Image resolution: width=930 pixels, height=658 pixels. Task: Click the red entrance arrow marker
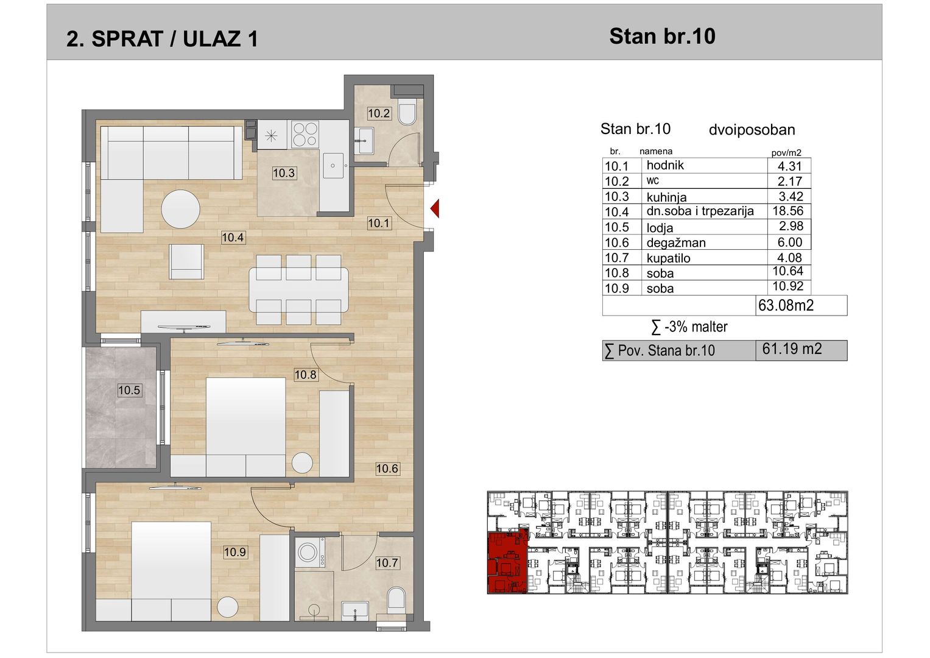435,208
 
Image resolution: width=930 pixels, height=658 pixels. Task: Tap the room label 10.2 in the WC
379,113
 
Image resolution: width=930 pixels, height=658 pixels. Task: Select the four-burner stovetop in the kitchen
305,135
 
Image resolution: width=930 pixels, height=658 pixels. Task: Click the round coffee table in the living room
181,209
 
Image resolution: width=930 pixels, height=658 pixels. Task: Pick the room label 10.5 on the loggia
129,390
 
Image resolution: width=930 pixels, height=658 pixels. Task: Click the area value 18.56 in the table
788,211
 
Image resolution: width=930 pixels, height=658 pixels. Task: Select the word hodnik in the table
665,165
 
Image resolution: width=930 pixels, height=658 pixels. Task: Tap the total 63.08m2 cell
786,305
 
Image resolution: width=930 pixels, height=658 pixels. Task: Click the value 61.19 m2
792,349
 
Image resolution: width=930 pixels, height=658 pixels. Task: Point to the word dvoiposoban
752,130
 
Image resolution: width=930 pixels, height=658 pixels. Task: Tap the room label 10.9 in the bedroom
235,552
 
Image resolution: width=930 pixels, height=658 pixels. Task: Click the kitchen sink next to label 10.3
333,165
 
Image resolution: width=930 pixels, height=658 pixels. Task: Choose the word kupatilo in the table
669,258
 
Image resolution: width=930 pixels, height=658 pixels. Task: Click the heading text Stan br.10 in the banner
662,36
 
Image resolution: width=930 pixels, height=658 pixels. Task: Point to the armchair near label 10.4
186,262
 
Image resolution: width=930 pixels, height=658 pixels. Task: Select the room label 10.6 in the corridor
387,469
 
